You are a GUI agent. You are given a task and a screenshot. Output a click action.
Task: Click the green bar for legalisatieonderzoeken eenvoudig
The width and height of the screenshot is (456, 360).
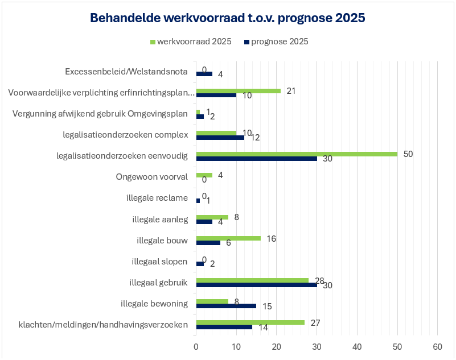point(296,154)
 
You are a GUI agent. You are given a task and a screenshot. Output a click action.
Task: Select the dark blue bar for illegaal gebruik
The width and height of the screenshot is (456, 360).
point(256,284)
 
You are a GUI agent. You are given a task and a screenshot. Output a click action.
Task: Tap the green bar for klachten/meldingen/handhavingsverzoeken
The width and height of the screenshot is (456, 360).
point(250,322)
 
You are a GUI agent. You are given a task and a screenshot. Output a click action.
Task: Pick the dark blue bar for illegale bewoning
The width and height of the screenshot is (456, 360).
point(225,305)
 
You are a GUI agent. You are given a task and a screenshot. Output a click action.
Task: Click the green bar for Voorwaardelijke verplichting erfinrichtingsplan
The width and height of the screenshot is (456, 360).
point(238,90)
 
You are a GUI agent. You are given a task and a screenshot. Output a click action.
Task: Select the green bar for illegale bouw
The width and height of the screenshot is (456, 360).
point(228,238)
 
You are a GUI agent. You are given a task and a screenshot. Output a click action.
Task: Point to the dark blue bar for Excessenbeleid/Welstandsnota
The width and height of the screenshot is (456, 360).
point(204,74)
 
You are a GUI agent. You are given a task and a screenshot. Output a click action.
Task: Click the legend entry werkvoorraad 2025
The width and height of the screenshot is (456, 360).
point(190,42)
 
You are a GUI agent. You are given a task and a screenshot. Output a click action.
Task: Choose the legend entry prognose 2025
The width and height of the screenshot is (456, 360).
point(276,42)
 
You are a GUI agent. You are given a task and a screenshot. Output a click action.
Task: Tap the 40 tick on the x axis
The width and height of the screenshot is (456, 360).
point(357,346)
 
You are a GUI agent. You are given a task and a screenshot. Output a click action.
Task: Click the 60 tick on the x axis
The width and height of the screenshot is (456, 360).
point(437,346)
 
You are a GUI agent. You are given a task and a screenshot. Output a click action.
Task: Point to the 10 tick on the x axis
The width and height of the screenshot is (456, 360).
point(236,346)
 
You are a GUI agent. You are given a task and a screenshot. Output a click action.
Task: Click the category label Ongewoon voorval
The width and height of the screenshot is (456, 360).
point(151,177)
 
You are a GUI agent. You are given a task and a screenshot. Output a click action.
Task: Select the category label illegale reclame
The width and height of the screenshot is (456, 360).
point(157,198)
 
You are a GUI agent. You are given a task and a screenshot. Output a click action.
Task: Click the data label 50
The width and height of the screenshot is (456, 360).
point(408,154)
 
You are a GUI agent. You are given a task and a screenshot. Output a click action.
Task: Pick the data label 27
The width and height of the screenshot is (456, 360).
point(315,322)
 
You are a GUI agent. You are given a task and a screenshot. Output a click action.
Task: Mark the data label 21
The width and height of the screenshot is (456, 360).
point(291,90)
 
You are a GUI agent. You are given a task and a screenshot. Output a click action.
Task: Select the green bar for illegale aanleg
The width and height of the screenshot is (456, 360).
point(212,217)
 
